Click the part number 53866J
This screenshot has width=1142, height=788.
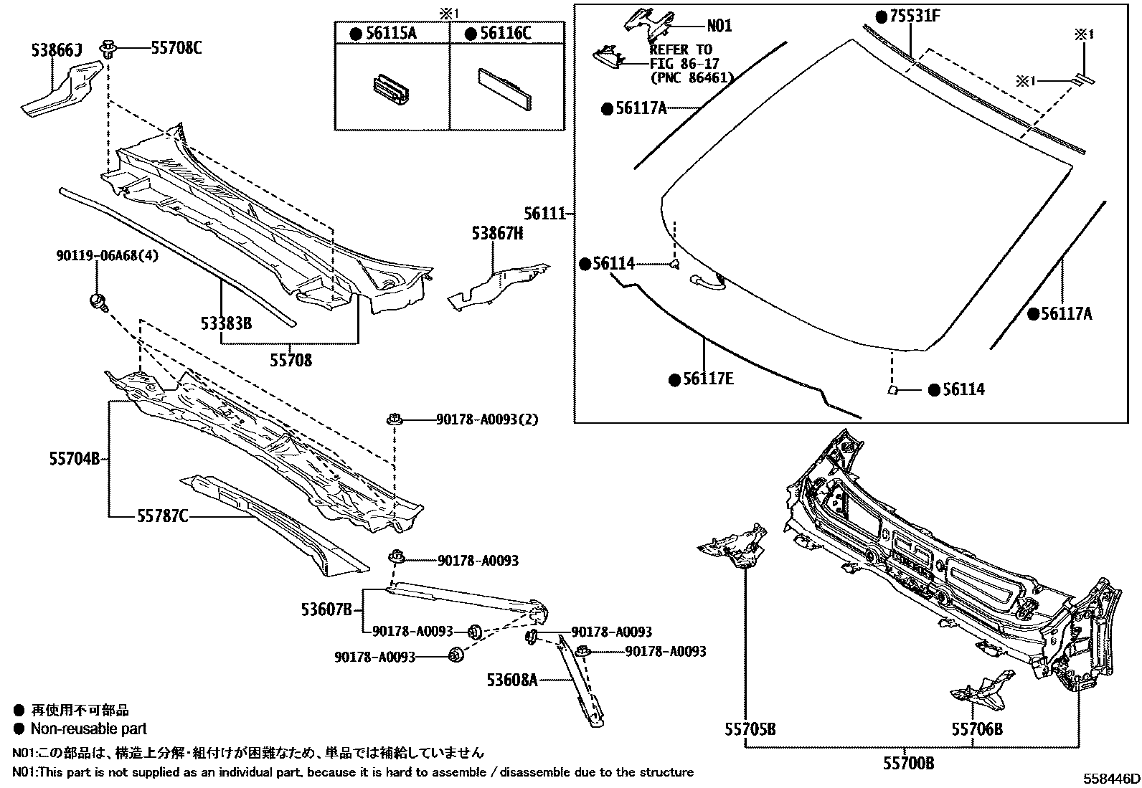pyautogui.click(x=57, y=50)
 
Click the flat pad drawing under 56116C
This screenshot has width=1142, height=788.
pyautogui.click(x=506, y=87)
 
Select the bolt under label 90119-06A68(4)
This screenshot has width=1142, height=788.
pyautogui.click(x=98, y=301)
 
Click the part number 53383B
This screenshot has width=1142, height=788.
pyautogui.click(x=227, y=323)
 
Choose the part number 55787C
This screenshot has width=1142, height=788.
pyautogui.click(x=163, y=516)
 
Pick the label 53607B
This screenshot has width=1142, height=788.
pyautogui.click(x=326, y=610)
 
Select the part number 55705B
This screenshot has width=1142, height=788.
pyautogui.click(x=750, y=729)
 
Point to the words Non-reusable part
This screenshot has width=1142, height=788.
pyautogui.click(x=88, y=728)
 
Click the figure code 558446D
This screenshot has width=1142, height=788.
pyautogui.click(x=1111, y=779)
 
